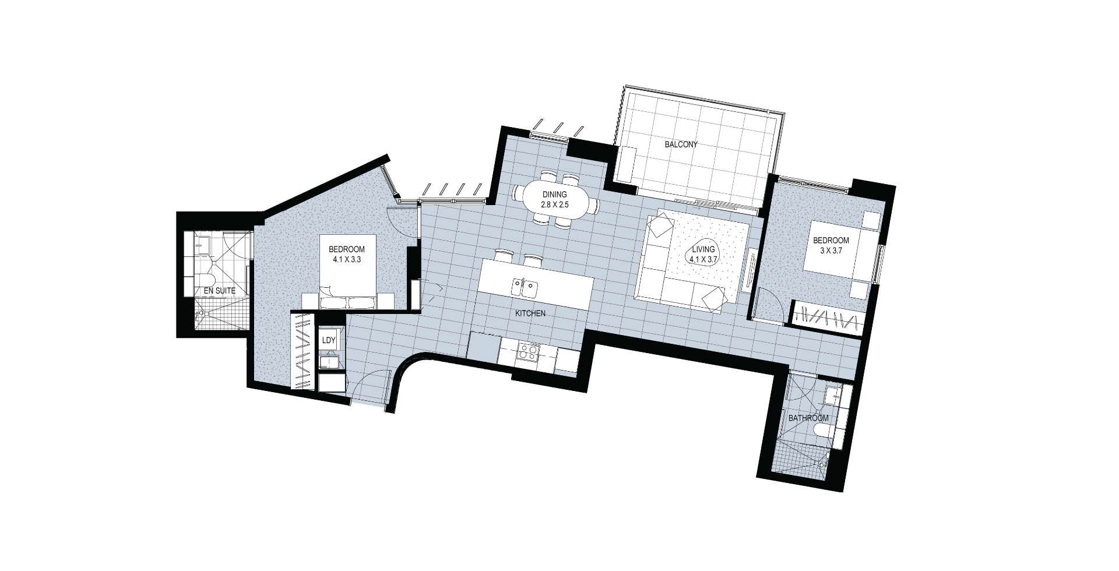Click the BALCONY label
point(681,145)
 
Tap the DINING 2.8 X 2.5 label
point(555,200)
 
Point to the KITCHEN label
point(530,313)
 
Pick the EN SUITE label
point(219,290)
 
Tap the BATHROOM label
point(808,418)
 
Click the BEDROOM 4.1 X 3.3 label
point(346,254)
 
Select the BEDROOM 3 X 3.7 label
point(831,245)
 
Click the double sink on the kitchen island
point(524,287)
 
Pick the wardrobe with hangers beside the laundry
point(302,352)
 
